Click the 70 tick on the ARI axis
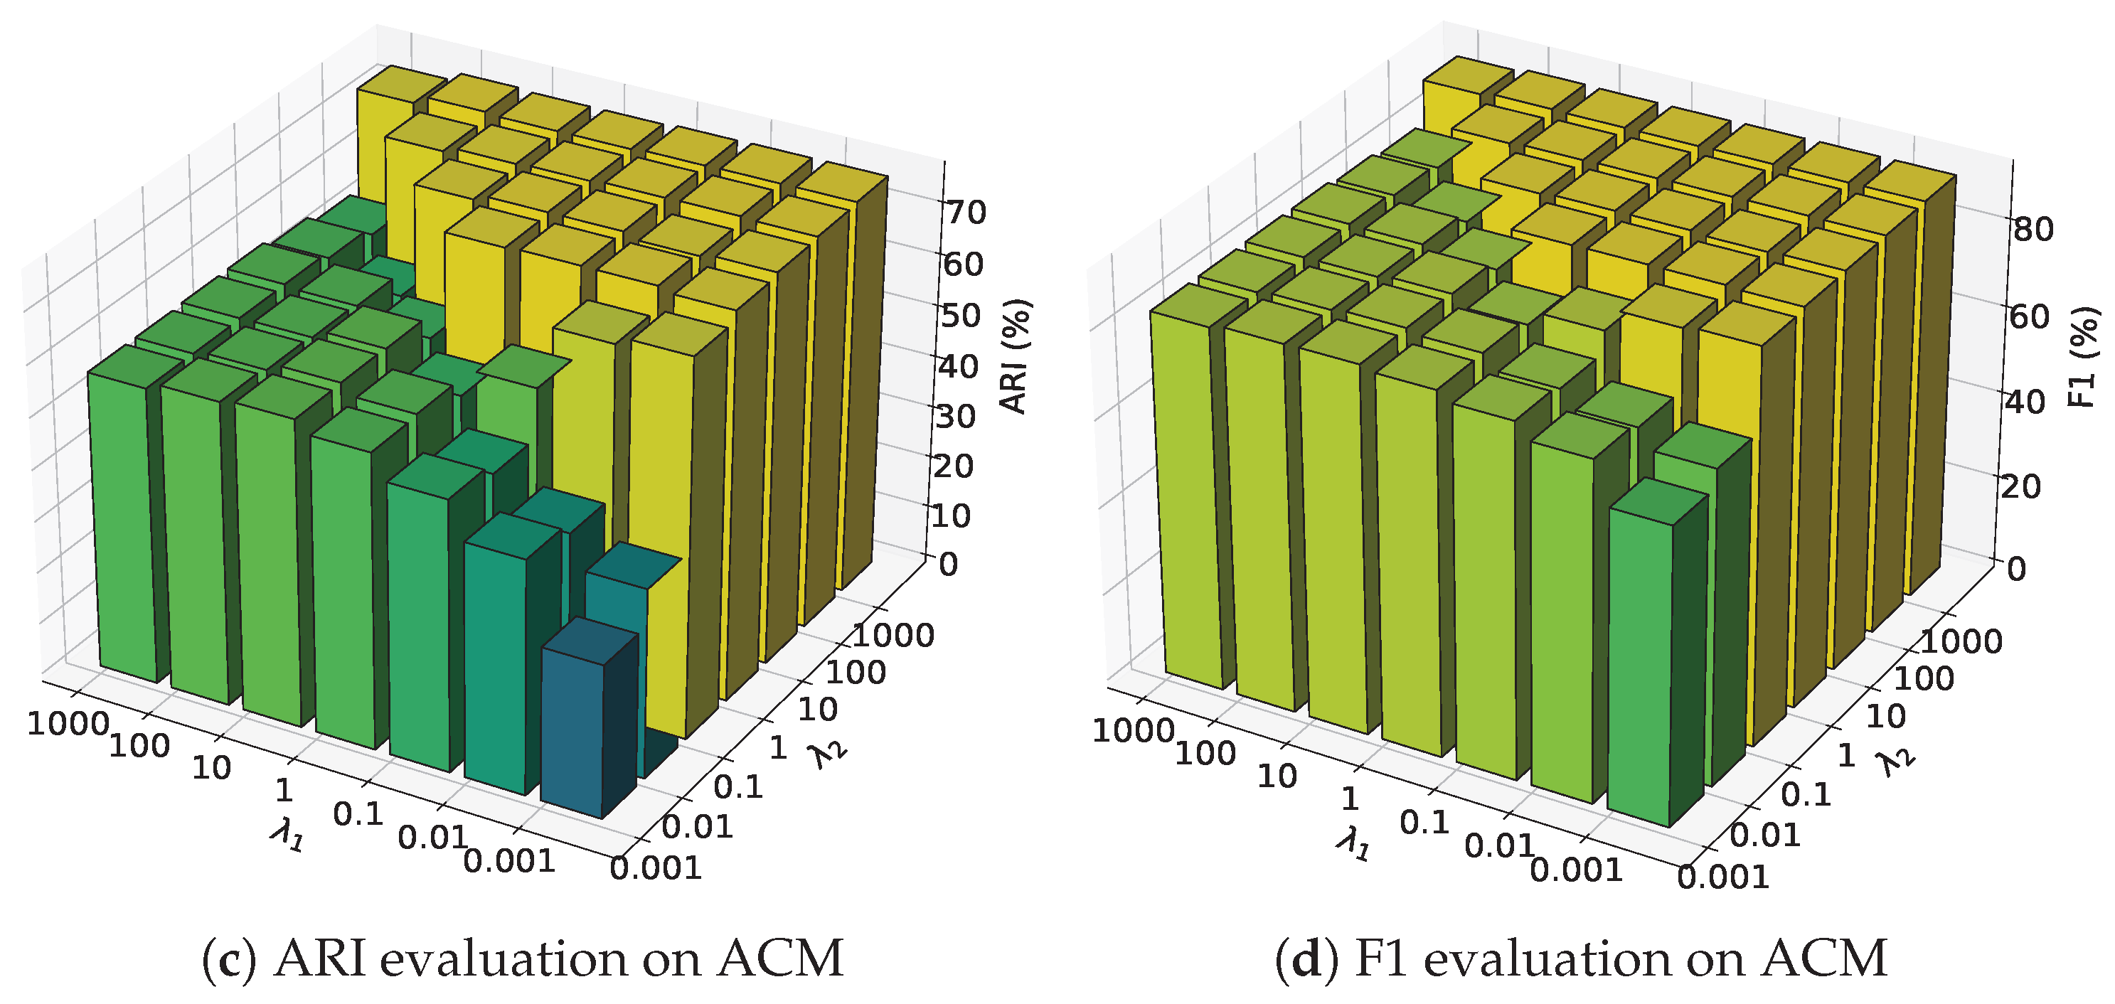coord(966,213)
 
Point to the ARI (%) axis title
coord(1016,356)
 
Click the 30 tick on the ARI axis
coord(956,416)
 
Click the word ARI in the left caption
coord(319,959)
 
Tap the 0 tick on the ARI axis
coord(947,565)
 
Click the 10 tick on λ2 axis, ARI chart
coord(818,710)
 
